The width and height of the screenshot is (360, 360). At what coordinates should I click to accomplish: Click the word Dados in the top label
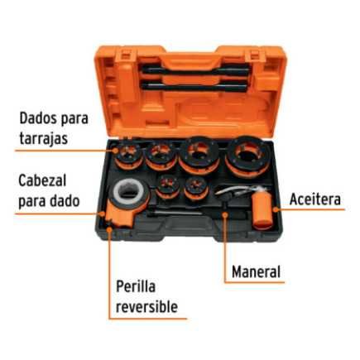coord(36,119)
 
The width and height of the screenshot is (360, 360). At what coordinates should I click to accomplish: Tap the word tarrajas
coord(41,139)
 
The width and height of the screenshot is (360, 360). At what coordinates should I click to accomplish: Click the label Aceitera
coord(314,199)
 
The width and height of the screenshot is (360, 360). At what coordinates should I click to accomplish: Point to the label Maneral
coord(256,271)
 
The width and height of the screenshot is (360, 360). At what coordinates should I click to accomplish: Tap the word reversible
coord(146,307)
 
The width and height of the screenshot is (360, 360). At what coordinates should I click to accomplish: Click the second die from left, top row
coord(161,154)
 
